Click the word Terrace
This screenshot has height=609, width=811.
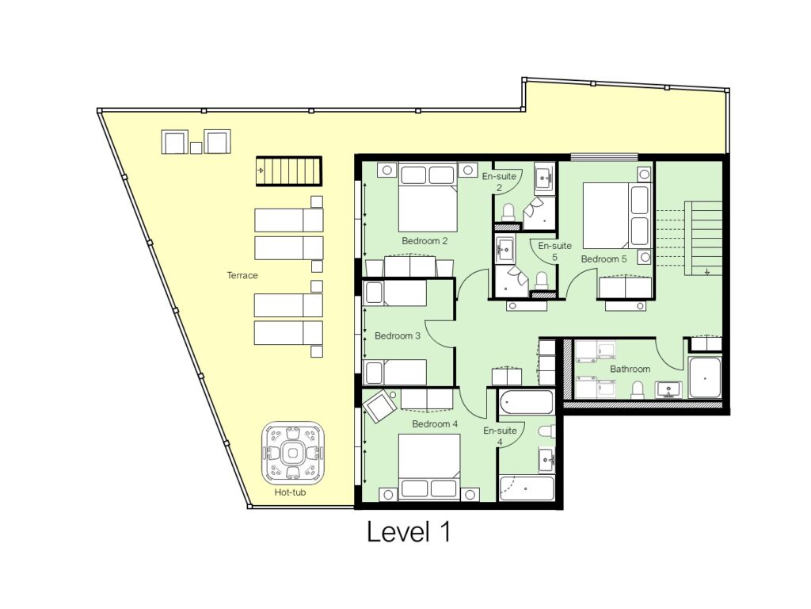tap(242, 275)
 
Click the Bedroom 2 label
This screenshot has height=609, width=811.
tap(425, 240)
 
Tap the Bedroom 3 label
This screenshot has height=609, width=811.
tap(398, 335)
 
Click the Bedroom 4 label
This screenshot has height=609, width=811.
tap(435, 424)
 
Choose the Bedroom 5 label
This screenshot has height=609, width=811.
tap(604, 259)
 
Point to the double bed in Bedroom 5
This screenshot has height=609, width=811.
tap(617, 216)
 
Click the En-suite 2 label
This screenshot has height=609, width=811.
tap(499, 182)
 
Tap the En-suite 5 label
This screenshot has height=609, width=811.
tap(554, 251)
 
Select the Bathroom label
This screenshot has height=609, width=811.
tap(630, 369)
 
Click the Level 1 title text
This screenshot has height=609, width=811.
tap(409, 532)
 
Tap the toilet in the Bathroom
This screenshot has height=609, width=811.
tap(637, 389)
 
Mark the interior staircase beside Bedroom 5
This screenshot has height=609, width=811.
tap(704, 238)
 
